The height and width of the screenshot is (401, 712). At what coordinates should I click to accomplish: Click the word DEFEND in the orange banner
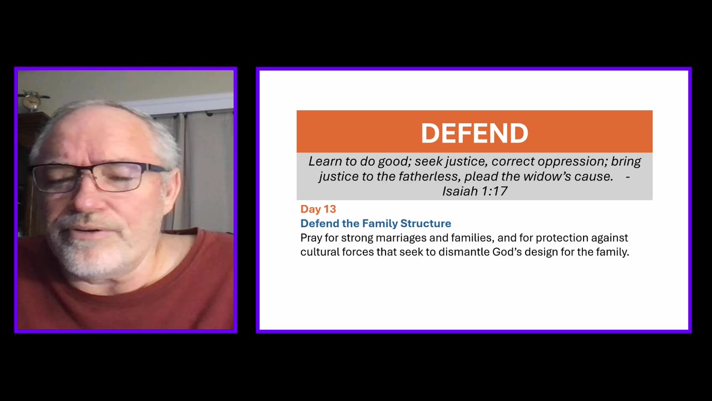coord(474,133)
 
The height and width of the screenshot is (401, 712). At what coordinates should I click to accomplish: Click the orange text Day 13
coord(318,209)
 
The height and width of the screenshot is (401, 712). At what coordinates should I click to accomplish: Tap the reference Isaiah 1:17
coord(474,191)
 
